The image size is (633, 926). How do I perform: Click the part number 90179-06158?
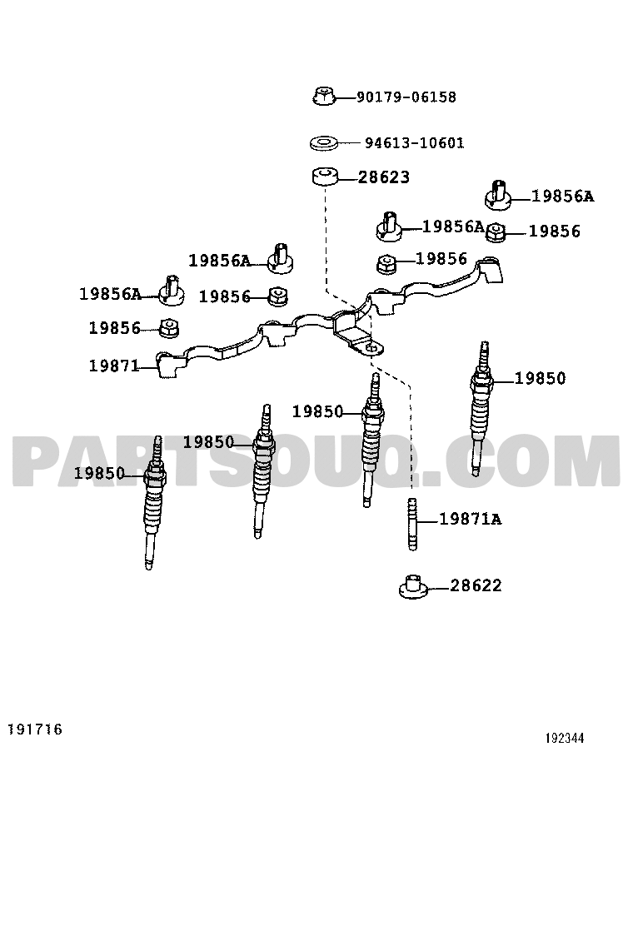point(406,97)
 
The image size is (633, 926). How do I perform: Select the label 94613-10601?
point(415,143)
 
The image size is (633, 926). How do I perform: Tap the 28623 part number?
point(384,177)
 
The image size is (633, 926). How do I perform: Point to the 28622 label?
point(476,585)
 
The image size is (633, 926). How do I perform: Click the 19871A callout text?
point(470,519)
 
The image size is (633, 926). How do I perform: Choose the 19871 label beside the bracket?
point(114,366)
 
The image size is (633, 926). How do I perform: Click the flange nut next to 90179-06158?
point(324,96)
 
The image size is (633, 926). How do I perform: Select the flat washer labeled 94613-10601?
point(324,143)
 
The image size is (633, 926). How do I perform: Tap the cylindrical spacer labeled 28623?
point(324,177)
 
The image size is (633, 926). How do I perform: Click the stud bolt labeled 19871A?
point(412,524)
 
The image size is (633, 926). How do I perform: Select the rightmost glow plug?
point(481,408)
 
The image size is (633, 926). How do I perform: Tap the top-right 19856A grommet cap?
point(498,196)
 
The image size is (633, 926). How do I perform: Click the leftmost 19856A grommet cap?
point(172,291)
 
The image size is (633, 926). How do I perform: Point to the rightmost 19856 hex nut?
point(497,232)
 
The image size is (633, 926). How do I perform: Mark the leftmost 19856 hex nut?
point(169,328)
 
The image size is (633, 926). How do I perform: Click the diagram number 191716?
point(35,729)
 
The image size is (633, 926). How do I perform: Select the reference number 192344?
point(565,738)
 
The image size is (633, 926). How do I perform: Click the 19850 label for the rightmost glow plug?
point(540,378)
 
